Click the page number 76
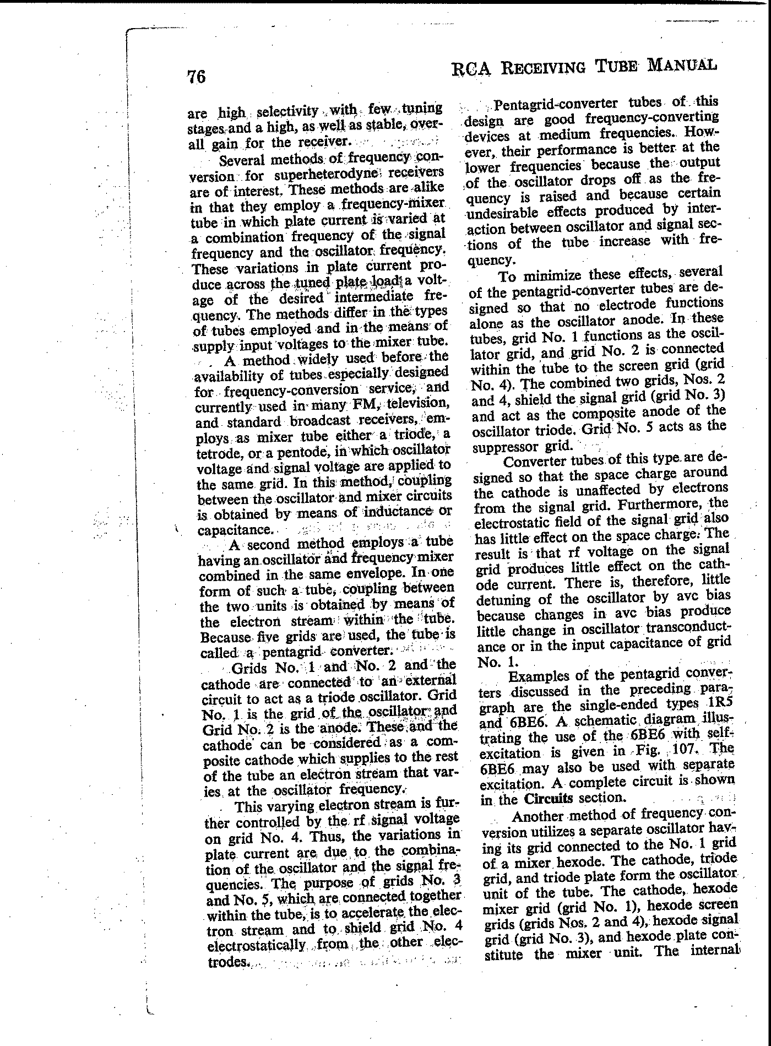click(x=197, y=77)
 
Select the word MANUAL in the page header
click(x=682, y=65)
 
